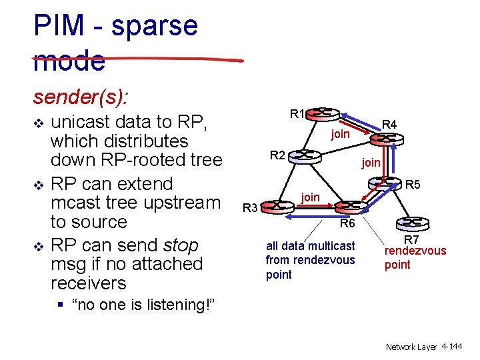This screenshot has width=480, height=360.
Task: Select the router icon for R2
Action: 305,155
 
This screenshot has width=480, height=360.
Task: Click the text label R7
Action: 412,239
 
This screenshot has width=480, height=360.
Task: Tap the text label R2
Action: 277,155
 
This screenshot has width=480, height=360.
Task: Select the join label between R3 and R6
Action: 310,197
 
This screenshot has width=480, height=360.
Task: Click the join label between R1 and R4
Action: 340,134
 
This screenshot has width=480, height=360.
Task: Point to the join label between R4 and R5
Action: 371,162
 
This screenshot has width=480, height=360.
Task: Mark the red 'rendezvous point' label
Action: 415,257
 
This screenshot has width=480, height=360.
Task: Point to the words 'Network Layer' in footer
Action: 411,347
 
